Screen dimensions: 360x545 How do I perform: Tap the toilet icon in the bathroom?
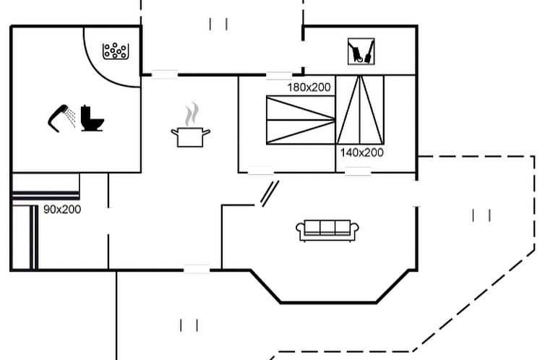click(x=92, y=119)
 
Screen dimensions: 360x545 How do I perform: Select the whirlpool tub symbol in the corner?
click(x=116, y=51)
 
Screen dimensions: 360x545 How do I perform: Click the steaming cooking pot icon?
click(x=191, y=135)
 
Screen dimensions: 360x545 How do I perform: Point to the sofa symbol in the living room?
click(x=327, y=231)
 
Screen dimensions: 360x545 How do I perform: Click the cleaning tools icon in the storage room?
click(x=361, y=51)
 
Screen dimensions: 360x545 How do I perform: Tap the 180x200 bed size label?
click(x=309, y=87)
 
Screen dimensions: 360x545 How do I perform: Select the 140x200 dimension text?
click(x=361, y=153)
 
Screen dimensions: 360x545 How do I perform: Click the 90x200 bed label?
click(x=62, y=210)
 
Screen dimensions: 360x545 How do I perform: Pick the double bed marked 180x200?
click(x=301, y=120)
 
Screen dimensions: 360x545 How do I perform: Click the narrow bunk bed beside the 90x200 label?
click(x=33, y=237)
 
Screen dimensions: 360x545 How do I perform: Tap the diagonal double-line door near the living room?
click(x=270, y=194)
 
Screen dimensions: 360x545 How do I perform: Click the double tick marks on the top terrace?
click(x=218, y=24)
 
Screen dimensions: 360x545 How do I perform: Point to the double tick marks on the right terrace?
click(x=481, y=215)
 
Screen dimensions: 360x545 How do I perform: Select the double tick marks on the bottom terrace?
click(x=189, y=325)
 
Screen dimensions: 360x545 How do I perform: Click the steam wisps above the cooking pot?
click(x=191, y=113)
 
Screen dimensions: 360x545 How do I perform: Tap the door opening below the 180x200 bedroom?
click(x=261, y=172)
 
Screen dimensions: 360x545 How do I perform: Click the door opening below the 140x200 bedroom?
click(x=357, y=172)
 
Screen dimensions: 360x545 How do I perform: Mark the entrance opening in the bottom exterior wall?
click(x=196, y=270)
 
